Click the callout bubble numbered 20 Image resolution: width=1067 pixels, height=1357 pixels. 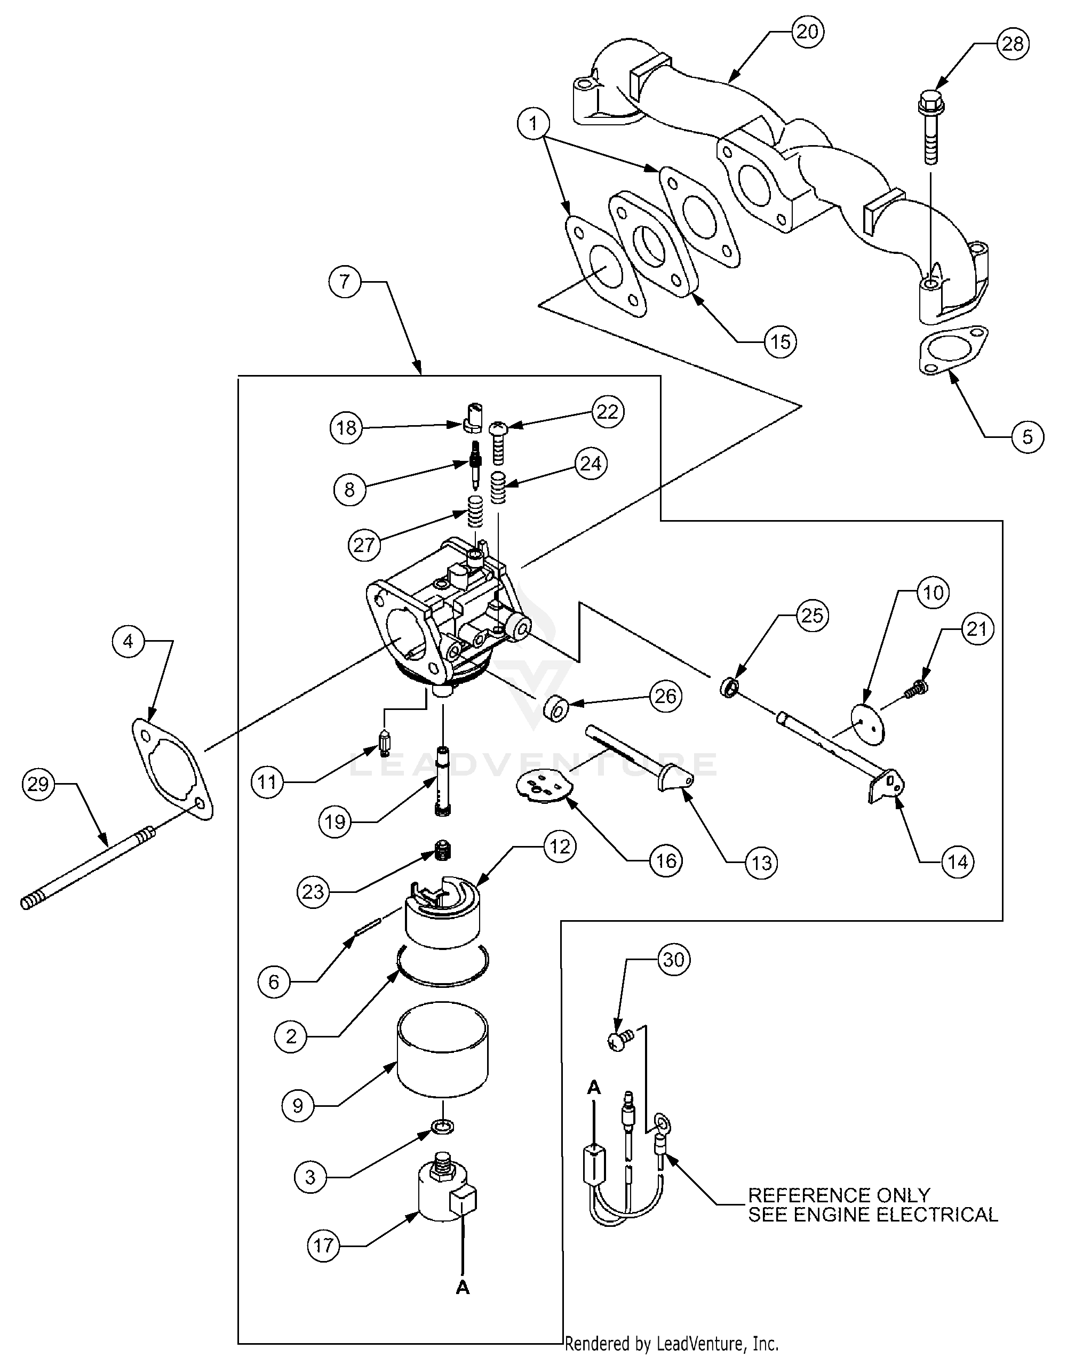[807, 32]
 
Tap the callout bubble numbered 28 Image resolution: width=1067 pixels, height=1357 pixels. [1013, 44]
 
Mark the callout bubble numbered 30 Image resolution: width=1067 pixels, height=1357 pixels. [673, 959]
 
